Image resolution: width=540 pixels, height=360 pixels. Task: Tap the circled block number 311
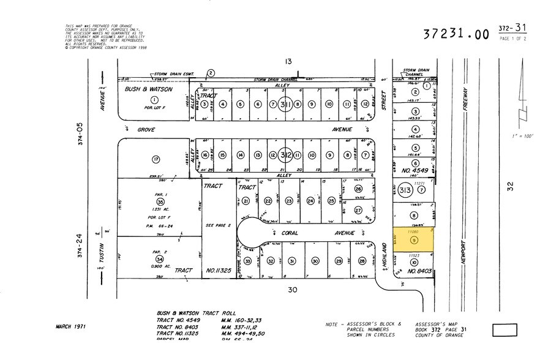point(285,105)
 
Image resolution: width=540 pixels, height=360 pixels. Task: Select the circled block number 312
point(285,154)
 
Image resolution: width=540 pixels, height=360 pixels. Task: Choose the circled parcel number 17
point(156,159)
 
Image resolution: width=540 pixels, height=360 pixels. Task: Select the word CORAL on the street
point(284,232)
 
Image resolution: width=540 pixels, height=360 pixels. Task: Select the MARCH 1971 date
point(70,326)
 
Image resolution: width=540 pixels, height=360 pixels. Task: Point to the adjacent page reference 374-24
point(79,246)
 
